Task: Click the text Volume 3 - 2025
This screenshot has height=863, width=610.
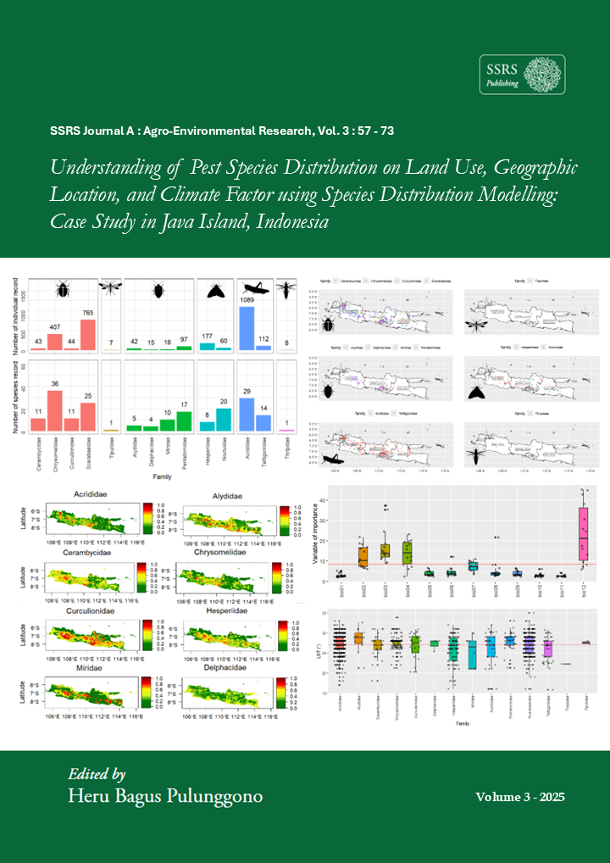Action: pos(519,798)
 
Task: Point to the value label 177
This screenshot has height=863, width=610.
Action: pos(207,337)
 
